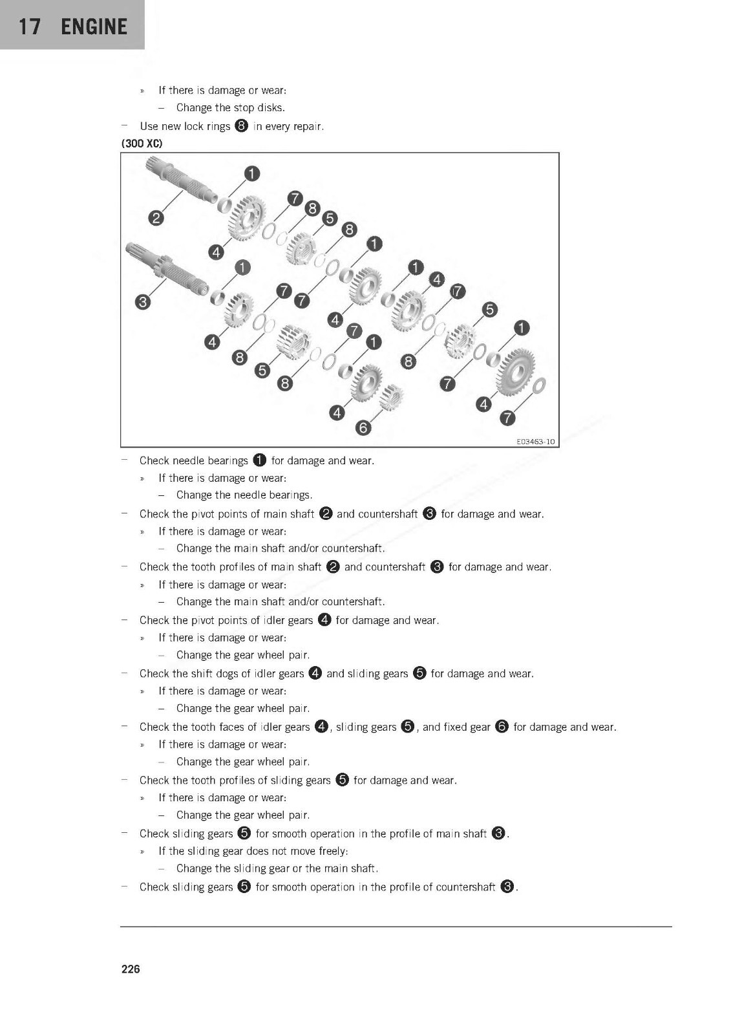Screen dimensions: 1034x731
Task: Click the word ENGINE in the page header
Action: tap(94, 27)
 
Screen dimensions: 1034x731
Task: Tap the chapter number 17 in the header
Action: tap(30, 27)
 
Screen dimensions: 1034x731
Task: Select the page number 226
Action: tap(131, 969)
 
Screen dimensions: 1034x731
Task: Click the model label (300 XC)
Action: tap(142, 144)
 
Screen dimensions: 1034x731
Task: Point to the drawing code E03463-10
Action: tap(535, 442)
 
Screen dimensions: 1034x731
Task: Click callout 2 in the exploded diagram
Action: tap(156, 217)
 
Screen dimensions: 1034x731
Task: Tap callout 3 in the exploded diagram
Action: tap(143, 301)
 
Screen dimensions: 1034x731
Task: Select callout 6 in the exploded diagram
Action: tap(363, 427)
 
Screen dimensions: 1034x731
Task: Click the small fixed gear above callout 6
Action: tap(391, 396)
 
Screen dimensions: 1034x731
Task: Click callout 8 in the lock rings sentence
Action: tap(242, 126)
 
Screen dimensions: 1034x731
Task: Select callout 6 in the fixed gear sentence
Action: tap(502, 726)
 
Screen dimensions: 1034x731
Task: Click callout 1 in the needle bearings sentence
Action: tap(259, 460)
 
